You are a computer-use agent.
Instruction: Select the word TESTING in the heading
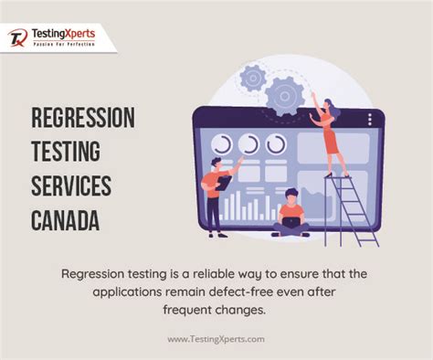(67, 152)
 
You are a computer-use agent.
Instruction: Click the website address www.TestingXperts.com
(216, 339)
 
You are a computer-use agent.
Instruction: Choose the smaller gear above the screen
(253, 79)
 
